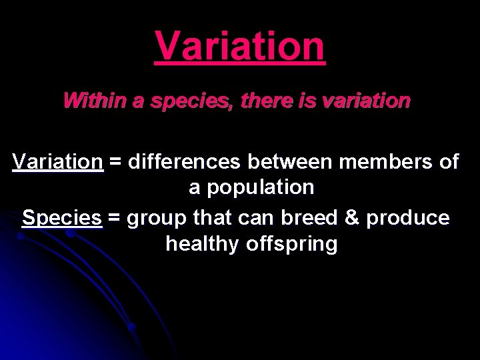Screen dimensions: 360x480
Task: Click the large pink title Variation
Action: tap(240, 47)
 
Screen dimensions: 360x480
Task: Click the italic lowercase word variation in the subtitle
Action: tap(365, 101)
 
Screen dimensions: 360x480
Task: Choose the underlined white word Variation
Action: tap(58, 161)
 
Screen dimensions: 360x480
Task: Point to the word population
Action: tap(260, 188)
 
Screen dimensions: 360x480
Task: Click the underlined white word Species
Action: tap(62, 217)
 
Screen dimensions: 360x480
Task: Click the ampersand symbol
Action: tap(353, 217)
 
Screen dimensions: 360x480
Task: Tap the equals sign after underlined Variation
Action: tap(115, 162)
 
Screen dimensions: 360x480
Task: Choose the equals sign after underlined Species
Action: tap(115, 218)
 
